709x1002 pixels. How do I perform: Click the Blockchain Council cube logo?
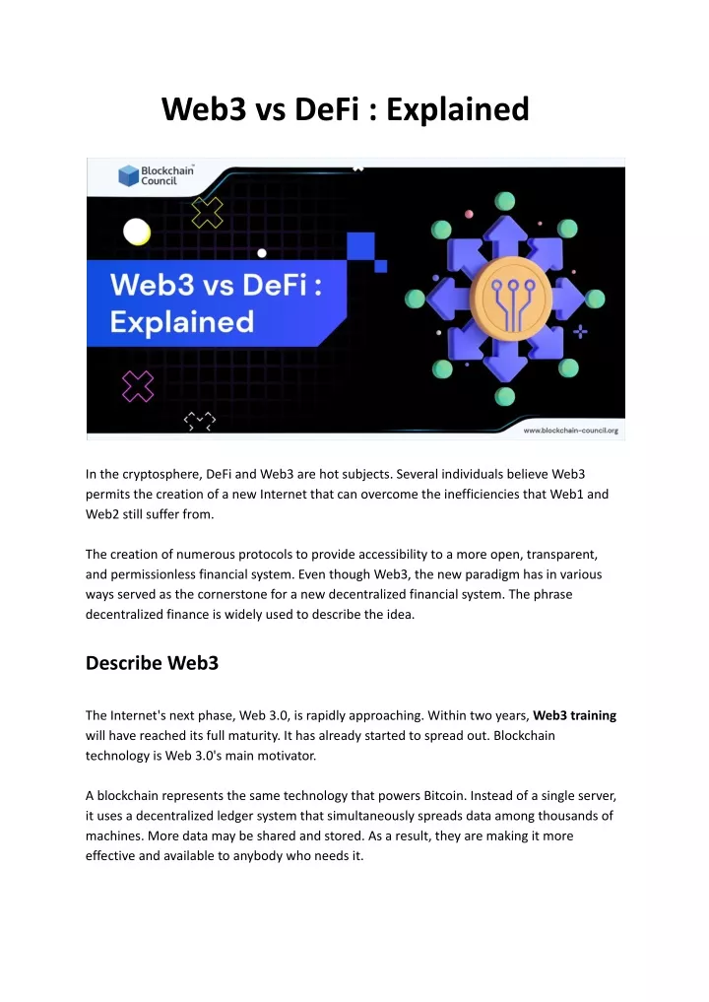tap(128, 175)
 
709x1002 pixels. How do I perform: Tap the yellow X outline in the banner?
tap(208, 212)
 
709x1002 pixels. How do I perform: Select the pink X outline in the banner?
tap(138, 386)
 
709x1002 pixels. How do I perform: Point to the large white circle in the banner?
tap(137, 232)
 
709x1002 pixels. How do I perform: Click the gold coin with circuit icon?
tap(511, 298)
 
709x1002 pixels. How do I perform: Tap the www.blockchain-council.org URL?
tap(570, 431)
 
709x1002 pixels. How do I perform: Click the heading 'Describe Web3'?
tap(152, 663)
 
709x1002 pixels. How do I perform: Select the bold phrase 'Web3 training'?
tap(575, 715)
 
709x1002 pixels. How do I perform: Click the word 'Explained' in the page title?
tap(458, 109)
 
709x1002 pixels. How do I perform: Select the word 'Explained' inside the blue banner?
tap(182, 322)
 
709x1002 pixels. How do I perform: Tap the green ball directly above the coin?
tap(504, 201)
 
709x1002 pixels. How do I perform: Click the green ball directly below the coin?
tap(504, 396)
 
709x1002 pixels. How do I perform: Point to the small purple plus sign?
tap(580, 332)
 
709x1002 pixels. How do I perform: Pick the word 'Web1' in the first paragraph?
tap(567, 494)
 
